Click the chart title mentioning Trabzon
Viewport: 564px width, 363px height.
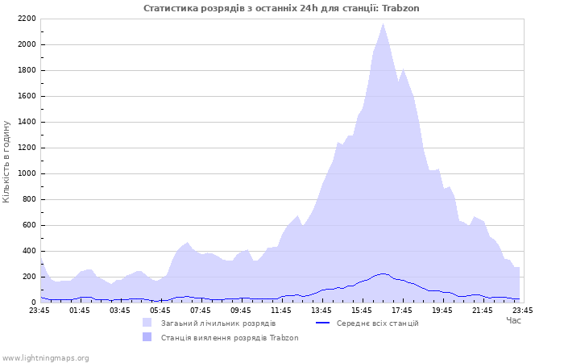click(281, 8)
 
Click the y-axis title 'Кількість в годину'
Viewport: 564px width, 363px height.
click(6, 161)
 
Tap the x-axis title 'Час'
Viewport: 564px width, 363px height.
click(513, 320)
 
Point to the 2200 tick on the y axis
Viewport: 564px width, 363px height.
click(27, 19)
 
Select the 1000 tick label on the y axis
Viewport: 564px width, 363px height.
click(27, 173)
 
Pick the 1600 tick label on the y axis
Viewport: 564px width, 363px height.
click(27, 96)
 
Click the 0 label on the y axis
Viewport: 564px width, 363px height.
click(33, 302)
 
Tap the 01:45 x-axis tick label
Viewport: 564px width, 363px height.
click(80, 310)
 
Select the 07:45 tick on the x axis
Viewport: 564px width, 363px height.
click(201, 310)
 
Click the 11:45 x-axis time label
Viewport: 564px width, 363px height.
click(281, 310)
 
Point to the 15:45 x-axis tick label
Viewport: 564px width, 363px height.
click(362, 310)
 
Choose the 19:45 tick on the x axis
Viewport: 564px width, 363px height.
click(442, 310)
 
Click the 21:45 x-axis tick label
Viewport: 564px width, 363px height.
click(483, 310)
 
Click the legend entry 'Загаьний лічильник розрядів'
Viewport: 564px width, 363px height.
click(218, 323)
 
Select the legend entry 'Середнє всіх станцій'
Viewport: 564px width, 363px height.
click(377, 323)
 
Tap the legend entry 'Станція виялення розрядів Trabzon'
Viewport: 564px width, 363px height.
click(229, 337)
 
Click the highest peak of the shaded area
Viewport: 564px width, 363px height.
click(383, 24)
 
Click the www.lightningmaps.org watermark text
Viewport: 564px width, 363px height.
click(46, 357)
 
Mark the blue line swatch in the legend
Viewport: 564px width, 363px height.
click(323, 323)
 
